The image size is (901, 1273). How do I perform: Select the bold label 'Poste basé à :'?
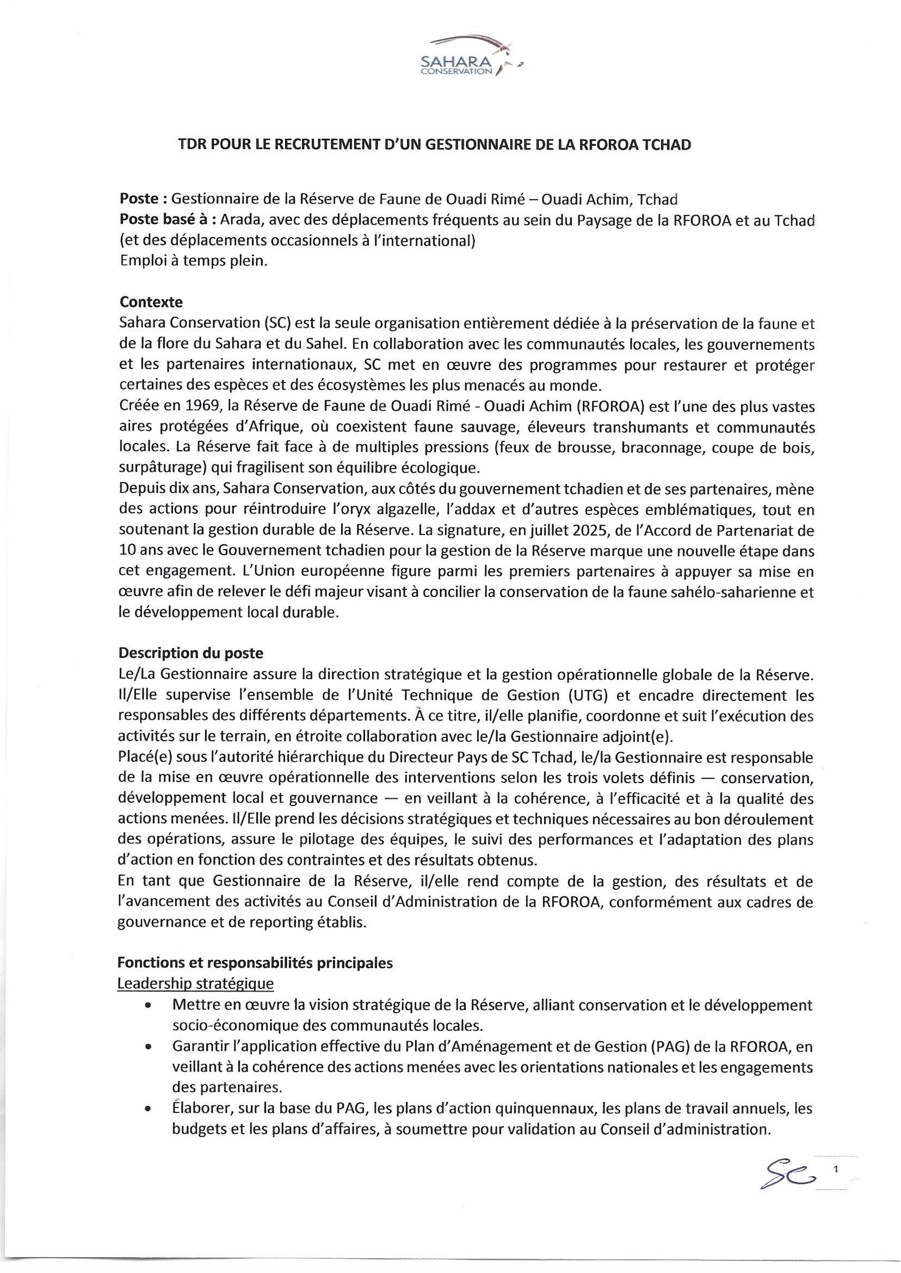(168, 220)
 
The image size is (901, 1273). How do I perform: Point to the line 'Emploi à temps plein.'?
(194, 261)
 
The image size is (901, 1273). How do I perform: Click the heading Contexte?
(151, 303)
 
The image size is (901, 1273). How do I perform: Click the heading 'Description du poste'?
(191, 653)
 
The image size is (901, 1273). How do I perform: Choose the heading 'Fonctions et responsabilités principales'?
(256, 963)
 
